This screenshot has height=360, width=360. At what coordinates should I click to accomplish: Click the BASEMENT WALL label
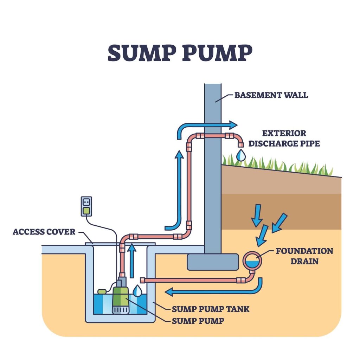pyautogui.click(x=271, y=95)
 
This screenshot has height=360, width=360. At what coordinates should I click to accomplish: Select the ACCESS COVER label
pyautogui.click(x=44, y=232)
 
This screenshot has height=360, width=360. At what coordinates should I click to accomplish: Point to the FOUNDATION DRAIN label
pyautogui.click(x=304, y=256)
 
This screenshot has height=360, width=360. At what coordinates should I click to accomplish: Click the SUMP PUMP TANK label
pyautogui.click(x=211, y=309)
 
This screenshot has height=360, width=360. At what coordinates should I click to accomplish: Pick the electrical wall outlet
pyautogui.click(x=86, y=206)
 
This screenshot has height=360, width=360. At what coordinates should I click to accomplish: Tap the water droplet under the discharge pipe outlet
pyautogui.click(x=240, y=155)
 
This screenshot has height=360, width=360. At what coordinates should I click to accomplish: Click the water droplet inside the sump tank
pyautogui.click(x=138, y=290)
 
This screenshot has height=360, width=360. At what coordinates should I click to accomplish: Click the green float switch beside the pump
pyautogui.click(x=102, y=291)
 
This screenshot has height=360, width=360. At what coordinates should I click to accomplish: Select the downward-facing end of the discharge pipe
pyautogui.click(x=240, y=144)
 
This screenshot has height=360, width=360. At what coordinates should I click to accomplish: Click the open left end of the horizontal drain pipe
pyautogui.click(x=143, y=280)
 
